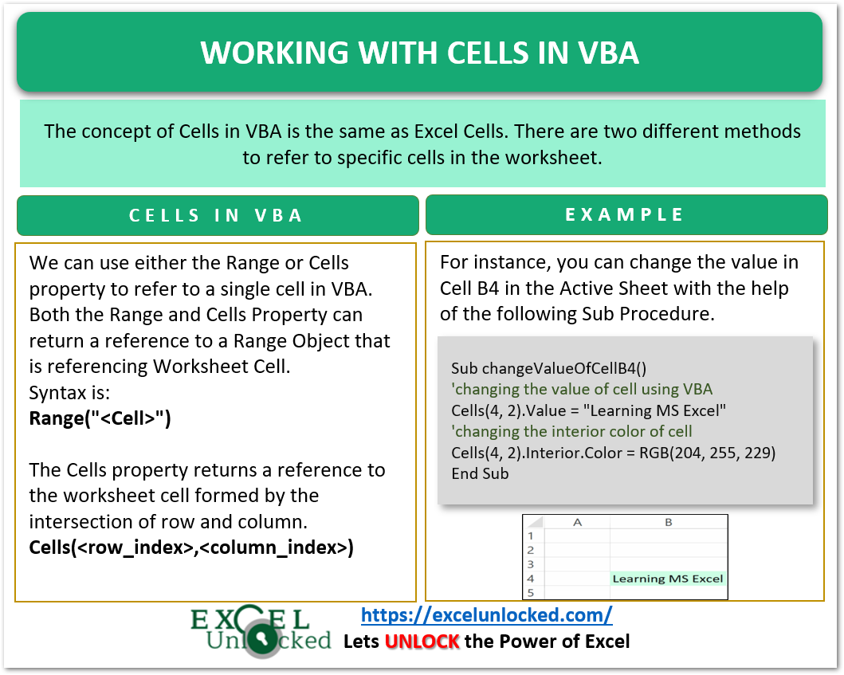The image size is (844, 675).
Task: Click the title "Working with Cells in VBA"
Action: (x=419, y=53)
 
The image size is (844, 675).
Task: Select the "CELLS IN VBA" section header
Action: (x=217, y=215)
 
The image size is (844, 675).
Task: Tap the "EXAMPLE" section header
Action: (x=625, y=214)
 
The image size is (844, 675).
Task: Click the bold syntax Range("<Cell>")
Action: (x=100, y=418)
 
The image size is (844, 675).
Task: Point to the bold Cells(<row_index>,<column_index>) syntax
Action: (x=190, y=547)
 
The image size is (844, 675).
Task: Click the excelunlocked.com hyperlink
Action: (x=486, y=614)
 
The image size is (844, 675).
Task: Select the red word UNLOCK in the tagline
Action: (x=422, y=641)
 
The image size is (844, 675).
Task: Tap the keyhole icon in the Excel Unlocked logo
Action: (x=259, y=640)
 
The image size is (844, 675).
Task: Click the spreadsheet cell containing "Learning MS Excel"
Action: (x=668, y=579)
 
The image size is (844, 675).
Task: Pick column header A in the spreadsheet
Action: (x=578, y=523)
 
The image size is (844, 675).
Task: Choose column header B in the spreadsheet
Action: (x=668, y=523)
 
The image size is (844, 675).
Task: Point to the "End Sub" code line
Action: (x=480, y=473)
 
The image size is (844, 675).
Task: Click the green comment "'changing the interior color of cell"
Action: (x=571, y=431)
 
